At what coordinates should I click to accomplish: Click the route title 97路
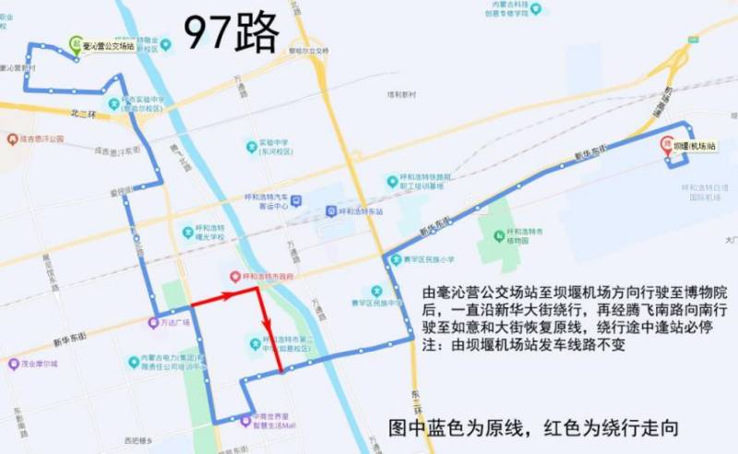(231, 34)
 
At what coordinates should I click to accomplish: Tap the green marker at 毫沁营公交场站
(76, 42)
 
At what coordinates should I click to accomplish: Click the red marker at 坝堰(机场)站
(666, 145)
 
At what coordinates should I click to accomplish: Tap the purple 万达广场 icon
(153, 323)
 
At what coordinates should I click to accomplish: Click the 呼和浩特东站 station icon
(331, 210)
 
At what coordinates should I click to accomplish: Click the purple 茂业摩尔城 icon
(14, 364)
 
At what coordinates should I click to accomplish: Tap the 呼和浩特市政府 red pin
(235, 276)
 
